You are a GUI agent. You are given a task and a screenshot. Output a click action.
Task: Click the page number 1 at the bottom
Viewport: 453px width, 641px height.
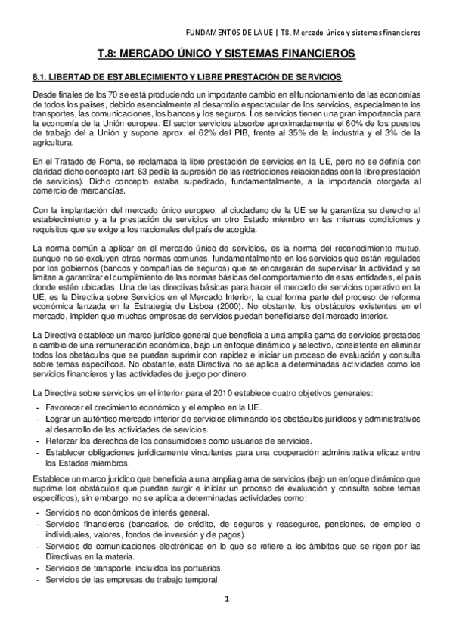click(x=227, y=599)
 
